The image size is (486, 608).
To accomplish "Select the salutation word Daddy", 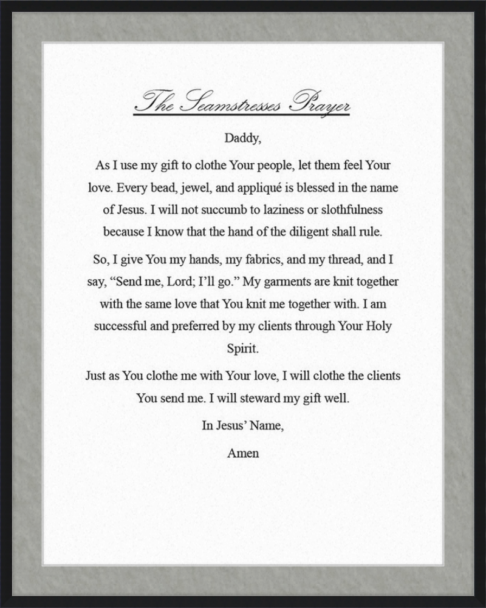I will coord(242,138).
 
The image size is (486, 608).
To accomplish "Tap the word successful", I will coord(120,326).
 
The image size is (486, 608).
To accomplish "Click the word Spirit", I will coord(242,350).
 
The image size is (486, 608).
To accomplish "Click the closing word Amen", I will coord(243,453).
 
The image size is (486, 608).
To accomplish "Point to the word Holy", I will coord(378,326).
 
